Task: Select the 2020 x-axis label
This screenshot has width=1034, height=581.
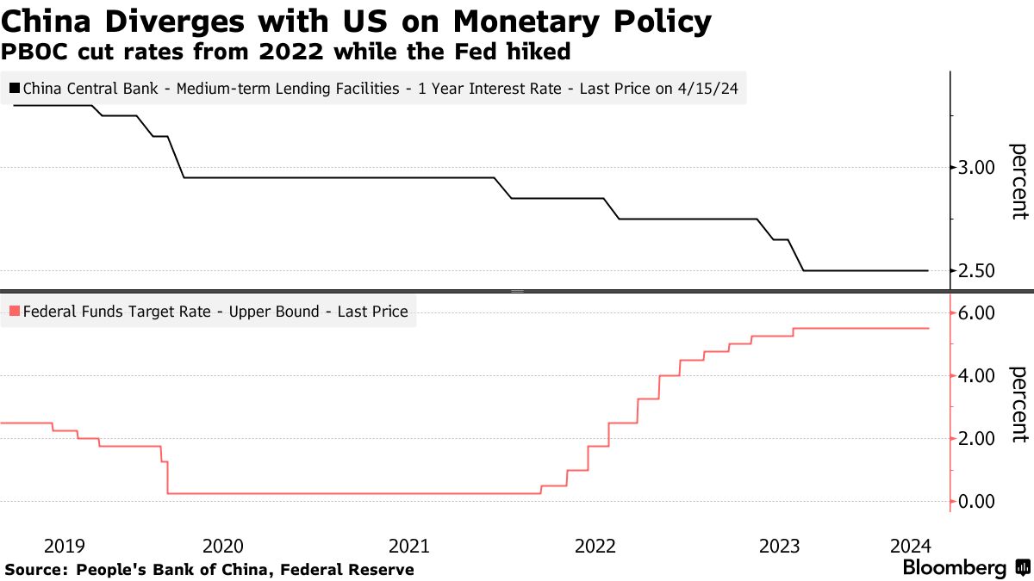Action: [223, 545]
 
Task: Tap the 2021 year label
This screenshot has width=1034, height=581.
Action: [409, 545]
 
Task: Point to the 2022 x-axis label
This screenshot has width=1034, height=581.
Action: [595, 545]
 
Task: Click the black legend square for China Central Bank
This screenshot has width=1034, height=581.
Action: [16, 88]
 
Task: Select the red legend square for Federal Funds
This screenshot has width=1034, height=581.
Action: [16, 312]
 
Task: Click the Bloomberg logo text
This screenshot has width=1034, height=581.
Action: [954, 568]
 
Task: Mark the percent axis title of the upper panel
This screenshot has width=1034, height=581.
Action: [1018, 181]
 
